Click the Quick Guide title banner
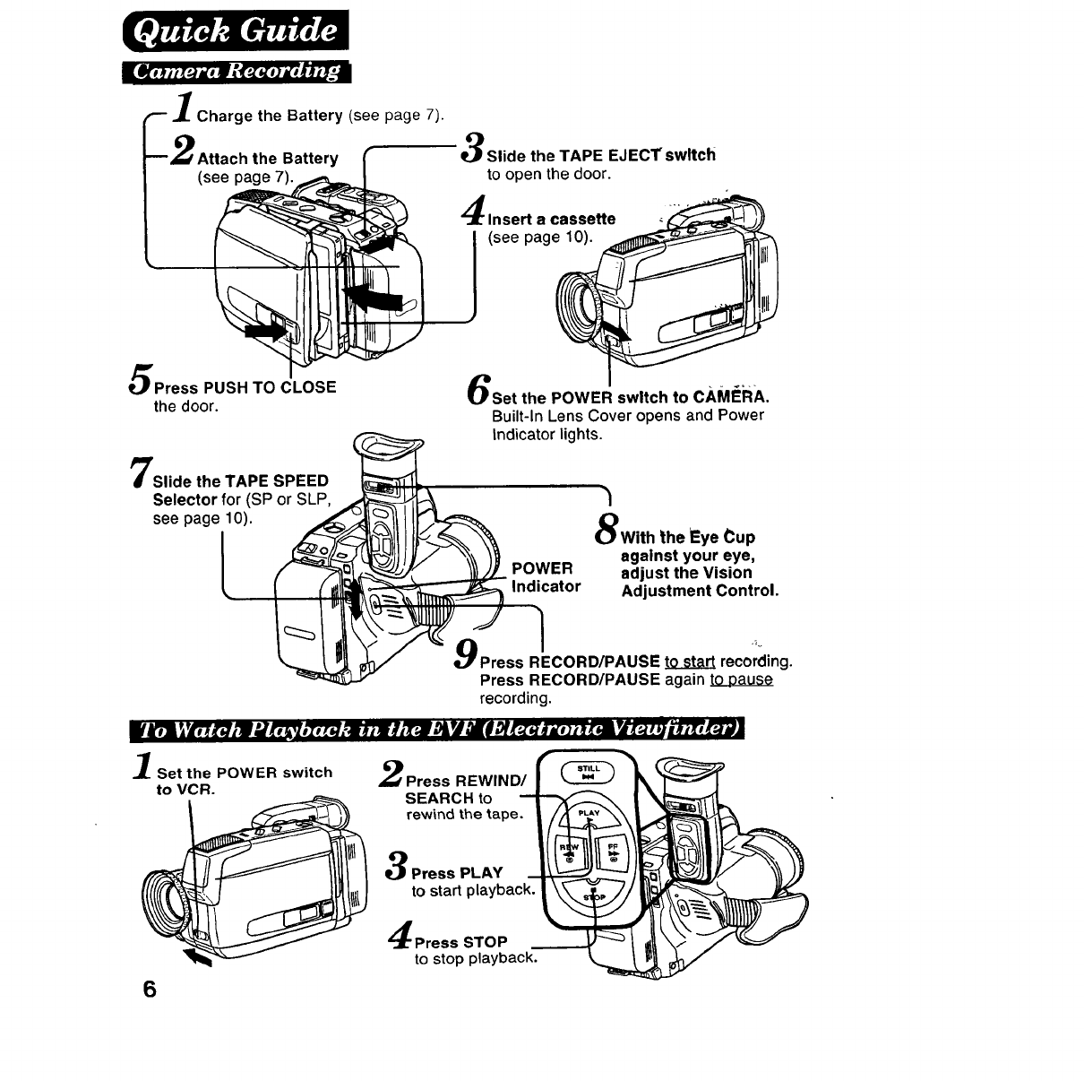[236, 35]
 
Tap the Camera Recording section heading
[237, 73]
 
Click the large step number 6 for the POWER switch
[478, 386]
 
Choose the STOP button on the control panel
[589, 899]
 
